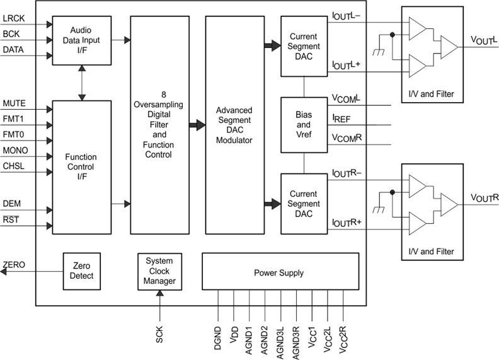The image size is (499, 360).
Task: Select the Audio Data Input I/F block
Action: tap(82, 40)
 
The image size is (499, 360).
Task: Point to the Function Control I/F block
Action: tap(82, 167)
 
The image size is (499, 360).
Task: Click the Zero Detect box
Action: tap(82, 271)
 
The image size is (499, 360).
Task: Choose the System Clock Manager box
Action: tap(159, 271)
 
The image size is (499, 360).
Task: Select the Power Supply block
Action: tap(278, 272)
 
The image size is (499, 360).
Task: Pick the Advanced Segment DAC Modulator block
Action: tap(234, 125)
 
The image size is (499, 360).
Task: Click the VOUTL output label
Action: tap(484, 40)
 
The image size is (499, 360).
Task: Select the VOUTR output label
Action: tap(484, 198)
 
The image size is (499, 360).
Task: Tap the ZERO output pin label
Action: tap(14, 265)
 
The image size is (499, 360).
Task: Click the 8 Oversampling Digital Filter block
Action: tap(159, 125)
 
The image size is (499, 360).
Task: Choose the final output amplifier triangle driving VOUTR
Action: tap(449, 204)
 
